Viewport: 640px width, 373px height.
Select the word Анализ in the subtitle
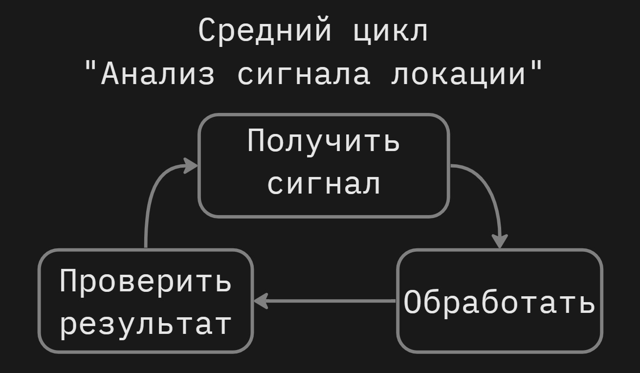pos(157,75)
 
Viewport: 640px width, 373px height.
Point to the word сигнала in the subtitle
pos(303,75)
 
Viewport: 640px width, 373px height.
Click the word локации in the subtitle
pos(458,75)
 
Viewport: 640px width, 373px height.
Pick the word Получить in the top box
pos(324,141)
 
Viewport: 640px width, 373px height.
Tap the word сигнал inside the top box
pos(324,184)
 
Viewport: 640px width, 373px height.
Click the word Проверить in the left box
pos(145,282)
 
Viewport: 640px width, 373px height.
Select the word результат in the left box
pos(145,324)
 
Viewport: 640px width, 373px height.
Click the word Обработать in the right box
pos(499,302)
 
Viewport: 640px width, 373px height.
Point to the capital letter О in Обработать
pos(412,302)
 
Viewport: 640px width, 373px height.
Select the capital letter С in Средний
pos(207,30)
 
